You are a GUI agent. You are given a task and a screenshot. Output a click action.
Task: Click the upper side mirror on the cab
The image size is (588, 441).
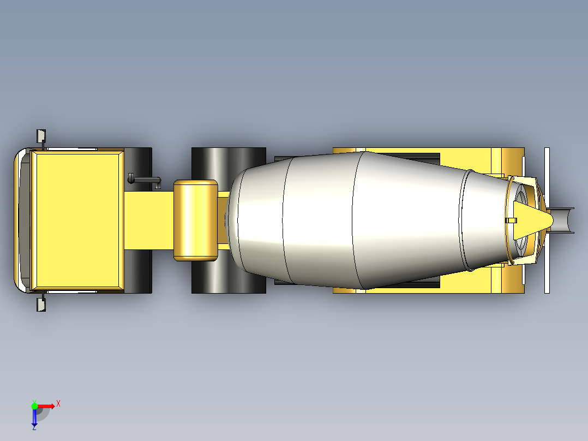tap(40, 136)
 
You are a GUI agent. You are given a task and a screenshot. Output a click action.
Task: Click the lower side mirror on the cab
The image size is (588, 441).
tap(40, 305)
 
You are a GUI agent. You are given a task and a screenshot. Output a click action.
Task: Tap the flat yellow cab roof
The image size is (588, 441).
tap(76, 220)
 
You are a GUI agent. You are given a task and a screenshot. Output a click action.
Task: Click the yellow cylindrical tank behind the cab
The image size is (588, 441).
tap(196, 220)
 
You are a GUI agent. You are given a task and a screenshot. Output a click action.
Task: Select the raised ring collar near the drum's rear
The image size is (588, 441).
tap(466, 220)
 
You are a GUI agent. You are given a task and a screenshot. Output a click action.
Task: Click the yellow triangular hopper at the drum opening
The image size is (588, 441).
tap(532, 220)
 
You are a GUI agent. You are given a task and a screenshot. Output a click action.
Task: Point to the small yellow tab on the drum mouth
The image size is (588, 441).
tap(511, 221)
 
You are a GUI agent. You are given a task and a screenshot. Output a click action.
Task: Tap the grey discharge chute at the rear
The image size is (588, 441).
tap(563, 220)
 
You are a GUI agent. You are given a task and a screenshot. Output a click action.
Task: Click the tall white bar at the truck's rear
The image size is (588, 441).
tap(547, 220)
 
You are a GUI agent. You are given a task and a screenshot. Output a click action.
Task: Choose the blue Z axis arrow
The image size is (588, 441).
tap(34, 418)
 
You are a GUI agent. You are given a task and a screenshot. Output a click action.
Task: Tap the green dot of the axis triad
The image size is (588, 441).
tap(34, 406)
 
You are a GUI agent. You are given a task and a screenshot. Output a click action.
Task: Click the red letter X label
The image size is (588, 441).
tap(58, 403)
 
